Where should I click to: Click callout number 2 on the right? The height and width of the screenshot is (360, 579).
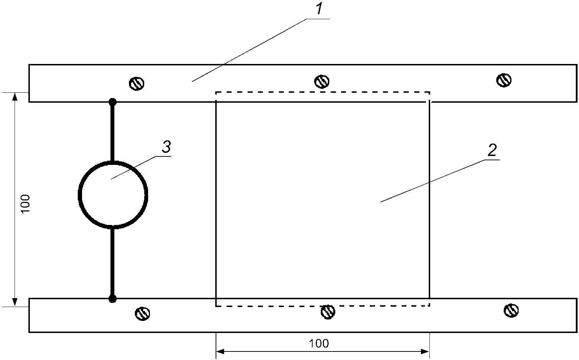click(x=492, y=151)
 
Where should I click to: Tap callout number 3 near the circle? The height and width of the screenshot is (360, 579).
click(x=166, y=147)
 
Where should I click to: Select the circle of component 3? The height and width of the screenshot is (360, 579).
click(x=113, y=194)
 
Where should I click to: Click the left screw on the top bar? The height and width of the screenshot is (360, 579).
click(x=136, y=84)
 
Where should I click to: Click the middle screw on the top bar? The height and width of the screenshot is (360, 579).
click(x=321, y=81)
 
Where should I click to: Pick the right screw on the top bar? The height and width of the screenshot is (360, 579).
click(x=504, y=80)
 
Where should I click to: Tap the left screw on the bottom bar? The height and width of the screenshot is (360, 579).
click(x=142, y=313)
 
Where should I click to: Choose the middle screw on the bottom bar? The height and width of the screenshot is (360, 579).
click(x=328, y=312)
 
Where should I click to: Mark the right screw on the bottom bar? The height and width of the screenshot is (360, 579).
click(x=511, y=310)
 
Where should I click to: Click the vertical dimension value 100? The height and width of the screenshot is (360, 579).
click(x=26, y=203)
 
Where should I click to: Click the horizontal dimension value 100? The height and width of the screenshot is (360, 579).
click(x=319, y=343)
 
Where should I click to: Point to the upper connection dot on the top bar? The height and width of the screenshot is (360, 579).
click(x=113, y=102)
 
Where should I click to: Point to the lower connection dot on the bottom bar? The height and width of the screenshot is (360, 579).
click(x=113, y=299)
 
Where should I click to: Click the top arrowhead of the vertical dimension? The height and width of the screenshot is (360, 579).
click(x=15, y=97)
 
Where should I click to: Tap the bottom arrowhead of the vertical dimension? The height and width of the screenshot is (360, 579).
click(x=15, y=302)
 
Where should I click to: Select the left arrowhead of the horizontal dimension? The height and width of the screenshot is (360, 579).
click(x=220, y=352)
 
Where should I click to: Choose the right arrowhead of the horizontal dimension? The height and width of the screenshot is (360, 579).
click(x=425, y=352)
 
